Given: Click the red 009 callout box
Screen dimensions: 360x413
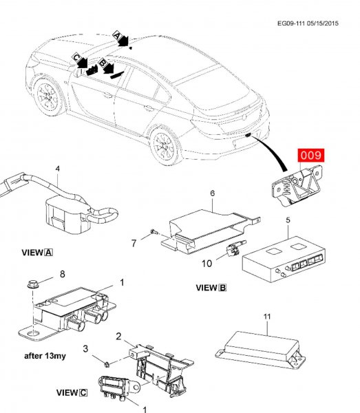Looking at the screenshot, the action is (311, 155).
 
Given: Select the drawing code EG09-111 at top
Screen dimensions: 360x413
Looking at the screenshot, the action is (290, 23).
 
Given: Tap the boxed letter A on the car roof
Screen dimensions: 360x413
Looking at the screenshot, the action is (117, 35).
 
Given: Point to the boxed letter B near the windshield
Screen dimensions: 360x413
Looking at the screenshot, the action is (103, 63).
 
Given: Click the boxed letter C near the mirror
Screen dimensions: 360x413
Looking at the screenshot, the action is (76, 57).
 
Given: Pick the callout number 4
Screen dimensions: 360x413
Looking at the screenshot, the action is (58, 169).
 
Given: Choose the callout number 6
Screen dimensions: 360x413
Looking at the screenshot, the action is (212, 193).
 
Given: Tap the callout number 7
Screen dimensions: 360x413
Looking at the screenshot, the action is (134, 243).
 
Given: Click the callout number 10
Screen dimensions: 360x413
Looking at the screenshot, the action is (207, 263).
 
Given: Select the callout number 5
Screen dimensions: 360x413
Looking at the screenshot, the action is (288, 220).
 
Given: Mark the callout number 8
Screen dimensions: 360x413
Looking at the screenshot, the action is (62, 274).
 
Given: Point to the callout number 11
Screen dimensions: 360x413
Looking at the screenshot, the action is (267, 317).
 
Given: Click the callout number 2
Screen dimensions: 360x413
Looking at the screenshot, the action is (118, 336).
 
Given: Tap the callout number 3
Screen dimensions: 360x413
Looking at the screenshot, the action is (85, 349).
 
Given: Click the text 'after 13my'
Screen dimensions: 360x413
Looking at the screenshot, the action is (45, 356).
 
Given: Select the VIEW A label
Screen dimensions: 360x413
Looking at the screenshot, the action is (37, 253).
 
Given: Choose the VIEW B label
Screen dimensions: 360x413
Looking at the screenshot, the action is (211, 288).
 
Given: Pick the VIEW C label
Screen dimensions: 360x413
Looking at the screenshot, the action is (72, 393).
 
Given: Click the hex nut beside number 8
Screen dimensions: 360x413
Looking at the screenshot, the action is (33, 285).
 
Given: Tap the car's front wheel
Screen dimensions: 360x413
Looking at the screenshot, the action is (47, 96).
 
